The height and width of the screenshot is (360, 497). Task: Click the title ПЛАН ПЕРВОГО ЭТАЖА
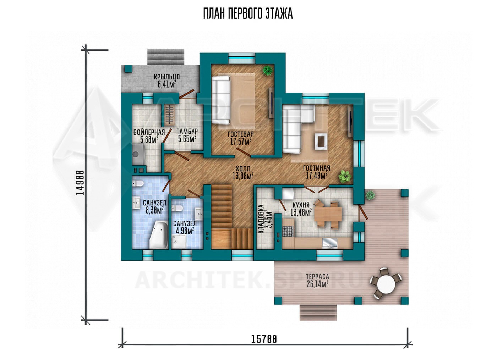(248, 14)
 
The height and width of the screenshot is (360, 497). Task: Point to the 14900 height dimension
(80, 183)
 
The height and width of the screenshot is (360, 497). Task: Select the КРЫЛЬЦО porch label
(167, 77)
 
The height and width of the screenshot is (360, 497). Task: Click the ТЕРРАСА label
(317, 277)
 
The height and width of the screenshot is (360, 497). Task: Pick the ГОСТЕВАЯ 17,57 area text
(241, 138)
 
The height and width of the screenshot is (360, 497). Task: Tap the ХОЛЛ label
(243, 168)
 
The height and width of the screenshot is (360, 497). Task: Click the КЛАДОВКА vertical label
(262, 219)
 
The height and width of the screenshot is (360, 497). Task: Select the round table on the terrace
(386, 283)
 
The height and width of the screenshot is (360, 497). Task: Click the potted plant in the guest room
(267, 71)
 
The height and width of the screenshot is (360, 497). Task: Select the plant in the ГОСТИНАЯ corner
(345, 177)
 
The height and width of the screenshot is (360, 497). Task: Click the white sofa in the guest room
(221, 100)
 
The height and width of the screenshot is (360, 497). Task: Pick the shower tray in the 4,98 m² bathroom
(179, 242)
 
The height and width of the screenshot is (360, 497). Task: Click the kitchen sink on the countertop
(330, 242)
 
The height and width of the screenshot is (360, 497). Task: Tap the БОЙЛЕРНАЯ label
(149, 132)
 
